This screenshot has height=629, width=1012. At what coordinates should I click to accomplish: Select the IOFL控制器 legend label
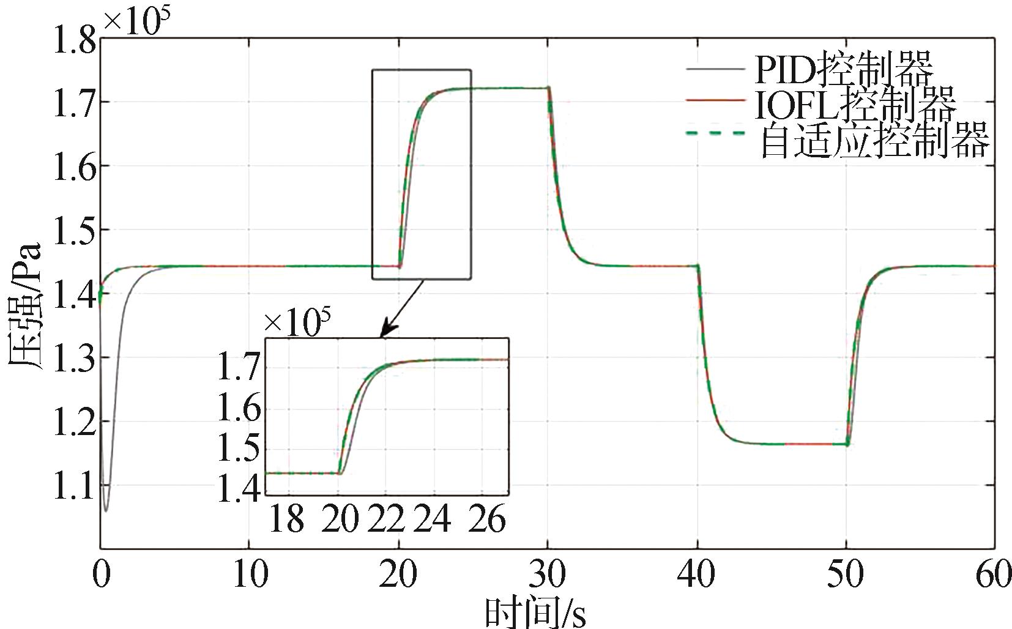[855, 106]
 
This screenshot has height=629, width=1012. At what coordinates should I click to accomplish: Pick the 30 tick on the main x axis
[548, 576]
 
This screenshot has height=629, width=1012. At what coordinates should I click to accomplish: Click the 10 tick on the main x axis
[250, 576]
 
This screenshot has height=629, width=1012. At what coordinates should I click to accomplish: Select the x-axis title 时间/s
[535, 612]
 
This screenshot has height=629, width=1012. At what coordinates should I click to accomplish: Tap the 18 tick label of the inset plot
[286, 520]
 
